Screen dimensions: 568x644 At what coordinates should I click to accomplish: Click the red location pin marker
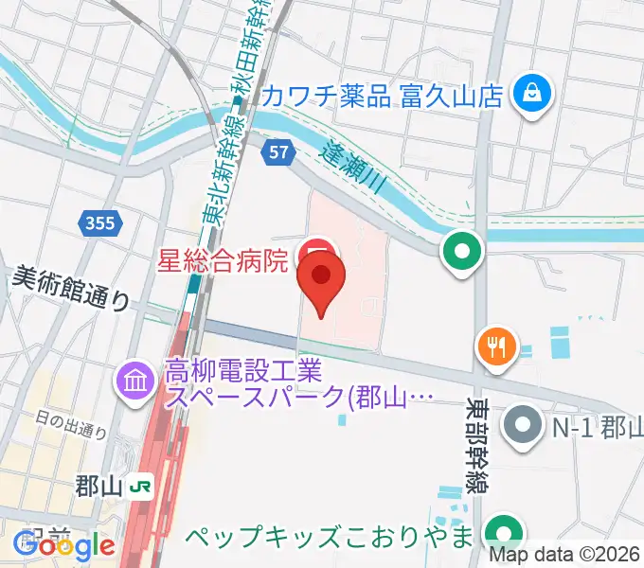click(x=321, y=279)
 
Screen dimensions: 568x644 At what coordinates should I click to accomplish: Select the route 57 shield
click(x=277, y=151)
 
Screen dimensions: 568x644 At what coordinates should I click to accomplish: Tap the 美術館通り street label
click(x=72, y=288)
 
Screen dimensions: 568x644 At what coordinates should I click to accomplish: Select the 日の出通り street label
click(x=72, y=423)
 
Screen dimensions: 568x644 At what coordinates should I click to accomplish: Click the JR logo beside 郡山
click(x=141, y=487)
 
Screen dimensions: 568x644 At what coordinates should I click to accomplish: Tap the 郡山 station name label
click(x=99, y=487)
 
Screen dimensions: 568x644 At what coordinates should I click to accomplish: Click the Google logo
click(x=63, y=546)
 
